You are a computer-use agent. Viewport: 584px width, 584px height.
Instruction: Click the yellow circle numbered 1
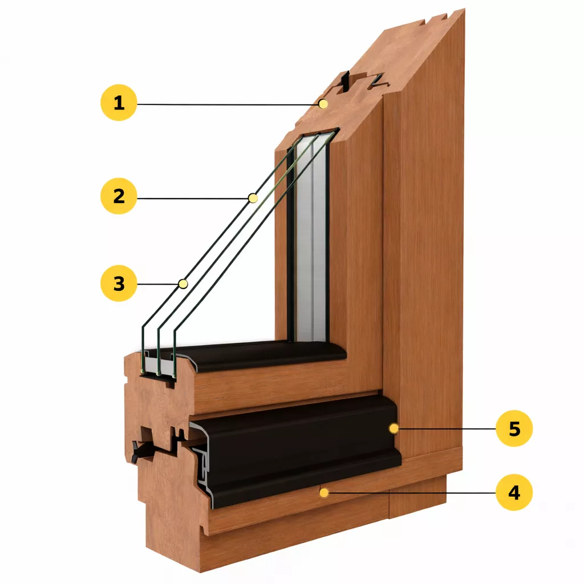119,103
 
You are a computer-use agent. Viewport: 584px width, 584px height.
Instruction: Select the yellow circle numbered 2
119,196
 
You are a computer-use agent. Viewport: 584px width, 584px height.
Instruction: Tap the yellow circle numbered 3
119,283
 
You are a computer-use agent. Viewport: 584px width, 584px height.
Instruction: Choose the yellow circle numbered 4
514,492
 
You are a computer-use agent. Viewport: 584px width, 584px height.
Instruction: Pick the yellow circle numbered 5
514,428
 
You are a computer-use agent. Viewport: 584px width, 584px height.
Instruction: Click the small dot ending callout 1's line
323,104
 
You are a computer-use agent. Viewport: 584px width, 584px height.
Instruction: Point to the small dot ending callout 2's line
253,198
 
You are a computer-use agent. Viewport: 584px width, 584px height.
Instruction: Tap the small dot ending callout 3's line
183,283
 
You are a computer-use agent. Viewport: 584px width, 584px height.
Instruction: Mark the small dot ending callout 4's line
323,492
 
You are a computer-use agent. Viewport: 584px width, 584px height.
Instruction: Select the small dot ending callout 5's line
393,428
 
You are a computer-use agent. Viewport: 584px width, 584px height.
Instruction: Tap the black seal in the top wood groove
345,83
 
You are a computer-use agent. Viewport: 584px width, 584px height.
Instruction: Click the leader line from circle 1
228,104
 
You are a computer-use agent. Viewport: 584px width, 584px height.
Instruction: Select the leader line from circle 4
411,492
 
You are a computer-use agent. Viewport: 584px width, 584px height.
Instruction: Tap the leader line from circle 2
194,197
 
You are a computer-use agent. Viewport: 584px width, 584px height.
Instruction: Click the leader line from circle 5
445,428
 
